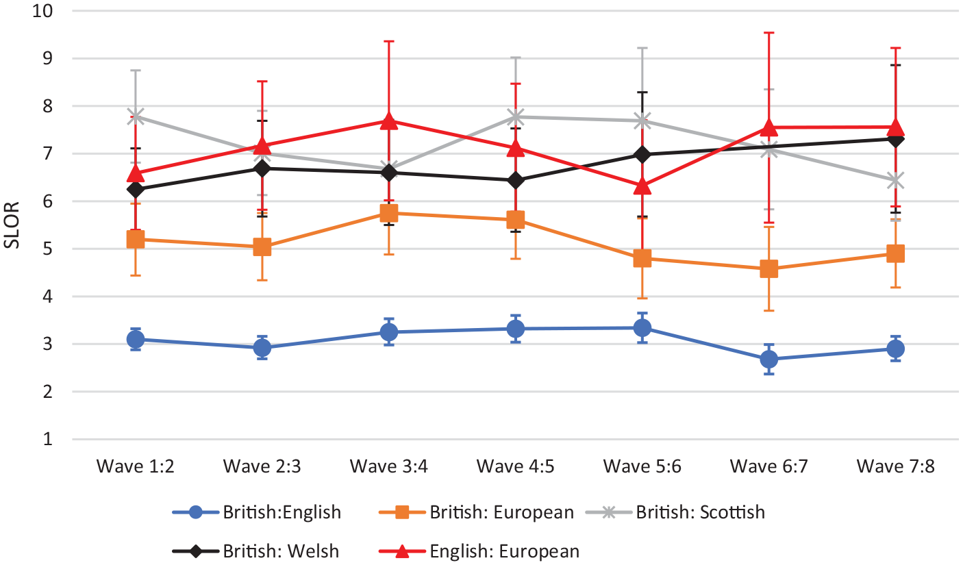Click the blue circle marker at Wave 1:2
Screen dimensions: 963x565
click(136, 340)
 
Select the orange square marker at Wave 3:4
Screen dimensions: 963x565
click(389, 213)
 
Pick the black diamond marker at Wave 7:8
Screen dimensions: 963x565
click(896, 139)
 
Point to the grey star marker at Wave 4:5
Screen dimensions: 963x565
click(516, 116)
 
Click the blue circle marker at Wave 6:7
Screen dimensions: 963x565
click(769, 359)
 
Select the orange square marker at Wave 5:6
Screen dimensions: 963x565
click(642, 258)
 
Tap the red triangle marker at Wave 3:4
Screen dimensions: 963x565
click(389, 121)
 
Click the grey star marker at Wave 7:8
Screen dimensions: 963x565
click(896, 181)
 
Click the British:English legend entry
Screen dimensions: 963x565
click(257, 512)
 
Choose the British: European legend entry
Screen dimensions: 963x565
click(476, 512)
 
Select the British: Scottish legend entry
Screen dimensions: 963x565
click(675, 512)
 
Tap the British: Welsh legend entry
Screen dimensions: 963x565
click(255, 551)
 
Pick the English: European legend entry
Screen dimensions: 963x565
click(479, 551)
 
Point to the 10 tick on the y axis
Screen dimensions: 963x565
click(42, 11)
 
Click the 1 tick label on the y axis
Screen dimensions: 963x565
click(48, 439)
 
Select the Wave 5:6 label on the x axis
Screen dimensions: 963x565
click(642, 466)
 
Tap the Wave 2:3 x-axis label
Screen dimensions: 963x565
click(262, 466)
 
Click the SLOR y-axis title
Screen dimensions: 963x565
click(12, 225)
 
